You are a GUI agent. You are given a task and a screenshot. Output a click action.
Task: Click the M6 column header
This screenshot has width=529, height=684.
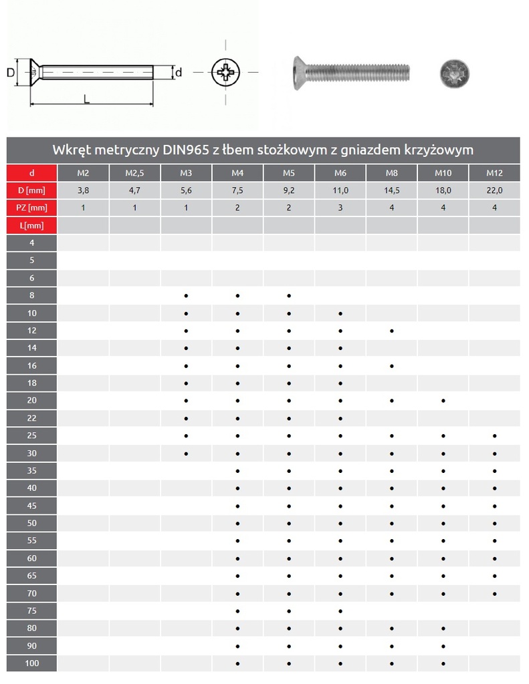point(340,173)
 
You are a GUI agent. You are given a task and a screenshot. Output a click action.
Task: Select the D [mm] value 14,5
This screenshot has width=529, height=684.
point(392,190)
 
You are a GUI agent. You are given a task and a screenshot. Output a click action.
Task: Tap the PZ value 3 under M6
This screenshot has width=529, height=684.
point(340,208)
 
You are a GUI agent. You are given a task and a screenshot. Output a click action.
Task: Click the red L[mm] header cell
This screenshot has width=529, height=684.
point(31,226)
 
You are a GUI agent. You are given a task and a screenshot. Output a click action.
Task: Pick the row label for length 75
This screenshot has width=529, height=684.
point(31,611)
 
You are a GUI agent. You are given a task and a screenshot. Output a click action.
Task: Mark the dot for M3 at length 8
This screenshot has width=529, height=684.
point(186,295)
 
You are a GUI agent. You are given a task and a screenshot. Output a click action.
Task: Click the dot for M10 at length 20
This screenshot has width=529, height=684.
point(443,401)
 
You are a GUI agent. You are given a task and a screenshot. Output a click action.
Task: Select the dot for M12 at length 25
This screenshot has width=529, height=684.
point(495,436)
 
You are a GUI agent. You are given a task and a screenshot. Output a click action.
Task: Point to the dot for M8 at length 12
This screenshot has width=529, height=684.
point(392,331)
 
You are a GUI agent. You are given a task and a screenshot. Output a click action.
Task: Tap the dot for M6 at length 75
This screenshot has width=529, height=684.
point(340,611)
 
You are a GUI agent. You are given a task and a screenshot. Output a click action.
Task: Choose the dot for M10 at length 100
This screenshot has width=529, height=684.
point(443,663)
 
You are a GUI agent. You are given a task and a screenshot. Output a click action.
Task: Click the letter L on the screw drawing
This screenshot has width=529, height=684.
point(86,99)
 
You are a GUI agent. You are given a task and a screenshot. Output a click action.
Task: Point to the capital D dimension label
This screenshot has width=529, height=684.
point(11,72)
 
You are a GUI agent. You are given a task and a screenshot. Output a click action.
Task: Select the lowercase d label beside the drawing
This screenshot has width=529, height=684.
point(178,72)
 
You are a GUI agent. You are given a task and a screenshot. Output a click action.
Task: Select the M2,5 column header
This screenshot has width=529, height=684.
point(134,173)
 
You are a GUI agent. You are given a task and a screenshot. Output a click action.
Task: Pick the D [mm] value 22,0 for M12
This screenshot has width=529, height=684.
point(495,190)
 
